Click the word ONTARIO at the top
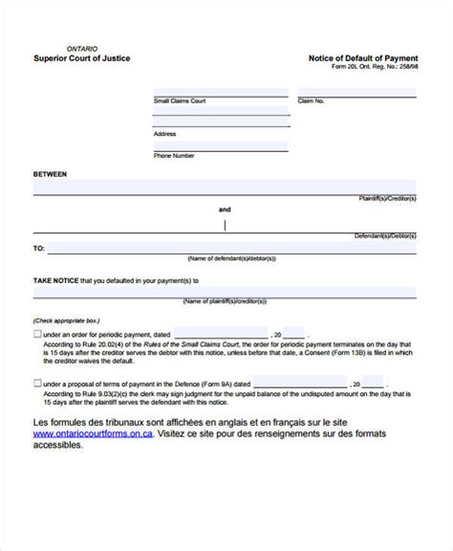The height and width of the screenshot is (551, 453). pos(81,48)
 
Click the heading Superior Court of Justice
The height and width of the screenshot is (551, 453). pos(82,58)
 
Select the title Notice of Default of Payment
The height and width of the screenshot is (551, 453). pos(363,58)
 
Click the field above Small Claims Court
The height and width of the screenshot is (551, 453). pos(220,92)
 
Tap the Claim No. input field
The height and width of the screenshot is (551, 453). pos(356,92)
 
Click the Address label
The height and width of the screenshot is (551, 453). pos(165,135)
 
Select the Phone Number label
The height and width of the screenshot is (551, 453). pos(175,156)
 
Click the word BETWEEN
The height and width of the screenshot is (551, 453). pos(51,175)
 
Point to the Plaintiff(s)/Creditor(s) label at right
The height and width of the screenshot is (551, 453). pos(386,199)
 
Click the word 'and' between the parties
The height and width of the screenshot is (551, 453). pos(225,209)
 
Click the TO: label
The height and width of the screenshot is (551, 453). pos(39,248)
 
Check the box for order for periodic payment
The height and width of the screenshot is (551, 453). pos(37,334)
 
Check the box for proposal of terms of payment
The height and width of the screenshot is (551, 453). pos(37,383)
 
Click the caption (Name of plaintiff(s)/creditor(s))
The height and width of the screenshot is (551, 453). pos(226,301)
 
